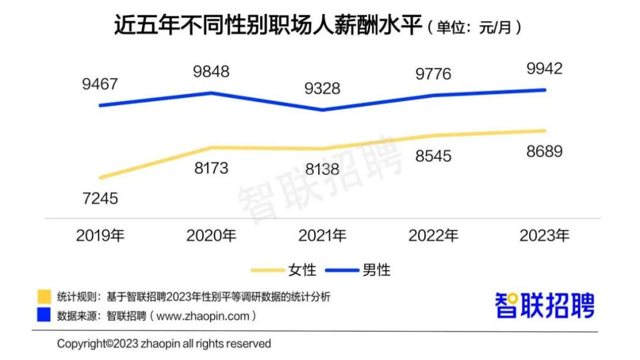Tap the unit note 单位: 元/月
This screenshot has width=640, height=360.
[474, 28]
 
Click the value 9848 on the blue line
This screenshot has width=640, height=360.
[212, 72]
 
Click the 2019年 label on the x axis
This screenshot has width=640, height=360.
[101, 236]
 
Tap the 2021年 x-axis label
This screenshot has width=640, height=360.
[322, 236]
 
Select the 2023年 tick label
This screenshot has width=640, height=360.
[544, 236]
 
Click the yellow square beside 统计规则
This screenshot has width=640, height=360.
[43, 297]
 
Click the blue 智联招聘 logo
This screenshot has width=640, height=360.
[545, 305]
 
